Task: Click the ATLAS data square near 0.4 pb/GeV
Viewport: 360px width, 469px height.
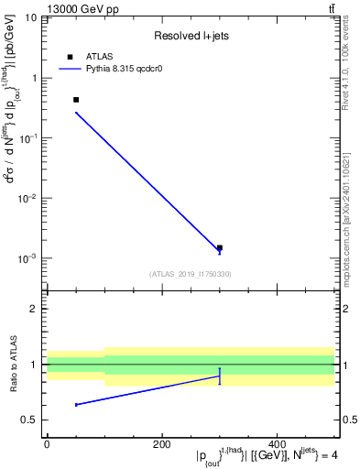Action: [76, 100]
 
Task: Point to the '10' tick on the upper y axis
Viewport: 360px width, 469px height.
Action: [31, 18]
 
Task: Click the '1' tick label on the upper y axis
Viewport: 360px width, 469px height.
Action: [35, 78]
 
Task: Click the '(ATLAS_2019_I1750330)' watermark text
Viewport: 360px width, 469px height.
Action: [191, 273]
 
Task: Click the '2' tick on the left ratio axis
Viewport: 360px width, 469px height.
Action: [35, 309]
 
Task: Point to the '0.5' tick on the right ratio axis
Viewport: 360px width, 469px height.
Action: [349, 420]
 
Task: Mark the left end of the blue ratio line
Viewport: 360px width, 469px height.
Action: [76, 404]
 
